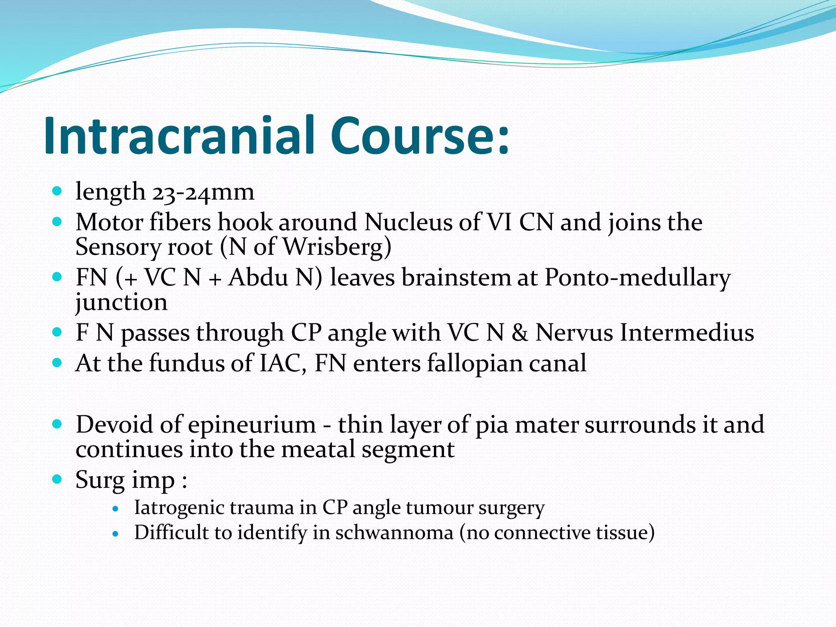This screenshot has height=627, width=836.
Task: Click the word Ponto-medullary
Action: (x=637, y=278)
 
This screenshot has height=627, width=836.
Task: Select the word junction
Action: (x=122, y=303)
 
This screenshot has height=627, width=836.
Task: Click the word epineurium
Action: (x=252, y=425)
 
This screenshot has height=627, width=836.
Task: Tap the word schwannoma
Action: (x=394, y=533)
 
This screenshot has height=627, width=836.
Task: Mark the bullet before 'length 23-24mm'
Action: (x=57, y=190)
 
